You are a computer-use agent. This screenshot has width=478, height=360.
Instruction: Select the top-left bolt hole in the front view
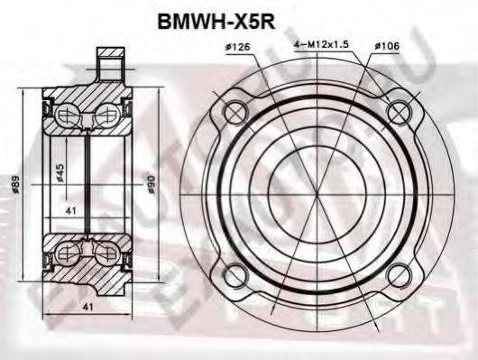(x=235, y=114)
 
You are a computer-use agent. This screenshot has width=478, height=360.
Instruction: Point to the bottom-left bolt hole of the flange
(x=235, y=272)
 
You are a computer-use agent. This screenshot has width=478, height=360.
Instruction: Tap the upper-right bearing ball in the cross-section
(x=106, y=115)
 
